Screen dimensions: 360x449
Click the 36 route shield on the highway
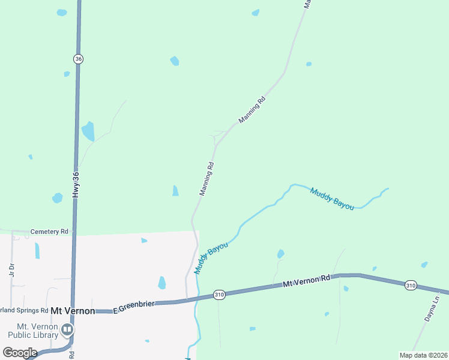(79, 59)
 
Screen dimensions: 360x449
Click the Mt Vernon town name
(73, 311)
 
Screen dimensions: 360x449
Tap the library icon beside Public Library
(67, 329)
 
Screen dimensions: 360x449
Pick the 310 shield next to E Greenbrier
(219, 295)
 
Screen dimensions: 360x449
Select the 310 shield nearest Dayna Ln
(410, 285)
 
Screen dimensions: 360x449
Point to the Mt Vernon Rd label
(307, 280)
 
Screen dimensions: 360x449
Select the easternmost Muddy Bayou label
(331, 199)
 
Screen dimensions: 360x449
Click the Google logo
(19, 353)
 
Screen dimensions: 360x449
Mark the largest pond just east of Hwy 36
(88, 131)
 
